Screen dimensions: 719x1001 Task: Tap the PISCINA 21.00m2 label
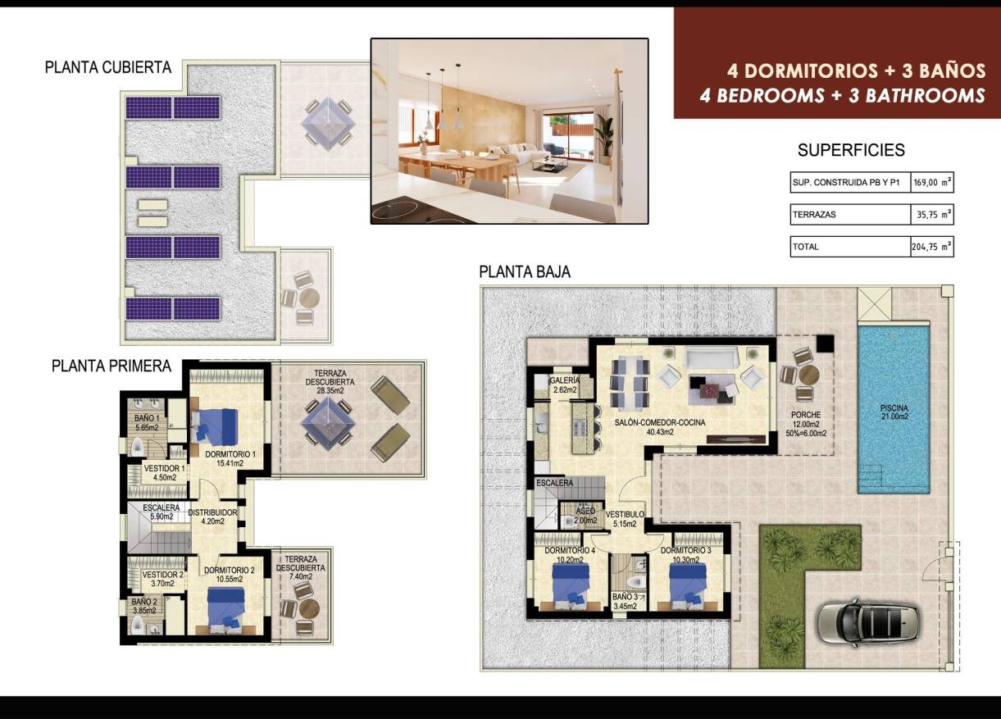click(x=894, y=412)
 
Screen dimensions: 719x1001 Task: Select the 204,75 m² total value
click(x=931, y=247)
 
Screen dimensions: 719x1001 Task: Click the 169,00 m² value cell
click(x=931, y=183)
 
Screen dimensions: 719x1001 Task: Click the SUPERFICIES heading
click(x=851, y=150)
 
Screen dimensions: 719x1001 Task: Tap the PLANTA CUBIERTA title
click(x=107, y=68)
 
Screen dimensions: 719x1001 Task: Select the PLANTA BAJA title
click(x=525, y=272)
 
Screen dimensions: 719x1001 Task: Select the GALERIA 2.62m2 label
click(x=565, y=385)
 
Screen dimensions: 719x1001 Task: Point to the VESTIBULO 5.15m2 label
click(x=626, y=519)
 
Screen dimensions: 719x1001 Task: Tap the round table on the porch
click(x=808, y=375)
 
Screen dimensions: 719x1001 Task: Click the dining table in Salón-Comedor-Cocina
click(x=631, y=382)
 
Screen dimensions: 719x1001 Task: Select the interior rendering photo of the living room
click(x=509, y=131)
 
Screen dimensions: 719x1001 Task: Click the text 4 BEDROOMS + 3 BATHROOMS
click(x=842, y=95)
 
